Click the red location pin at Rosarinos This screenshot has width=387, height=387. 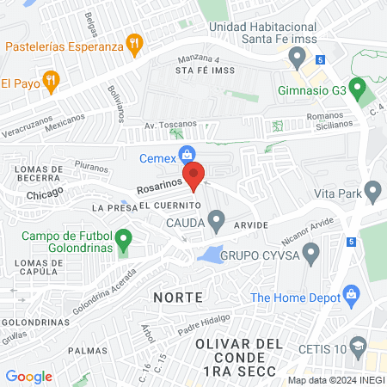[x=194, y=175]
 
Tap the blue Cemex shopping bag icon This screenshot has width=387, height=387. [x=185, y=155]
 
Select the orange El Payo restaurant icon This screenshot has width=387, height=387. [x=51, y=83]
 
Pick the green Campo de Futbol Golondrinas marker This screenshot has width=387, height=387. [x=124, y=236]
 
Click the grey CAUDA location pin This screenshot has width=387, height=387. [x=217, y=222]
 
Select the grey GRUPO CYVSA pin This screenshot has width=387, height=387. [x=311, y=253]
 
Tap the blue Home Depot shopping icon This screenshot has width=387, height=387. [x=351, y=294]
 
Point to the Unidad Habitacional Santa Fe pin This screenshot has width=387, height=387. [x=298, y=58]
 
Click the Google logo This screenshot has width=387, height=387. [x=29, y=377]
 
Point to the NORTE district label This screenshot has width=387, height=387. [x=178, y=298]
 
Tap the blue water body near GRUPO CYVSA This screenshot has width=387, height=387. [x=209, y=253]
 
